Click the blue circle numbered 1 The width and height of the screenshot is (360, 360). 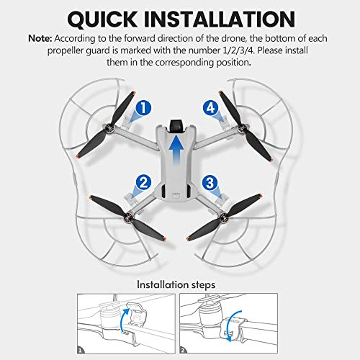[x=143, y=109]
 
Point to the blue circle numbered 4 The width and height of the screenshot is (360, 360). [x=210, y=109]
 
